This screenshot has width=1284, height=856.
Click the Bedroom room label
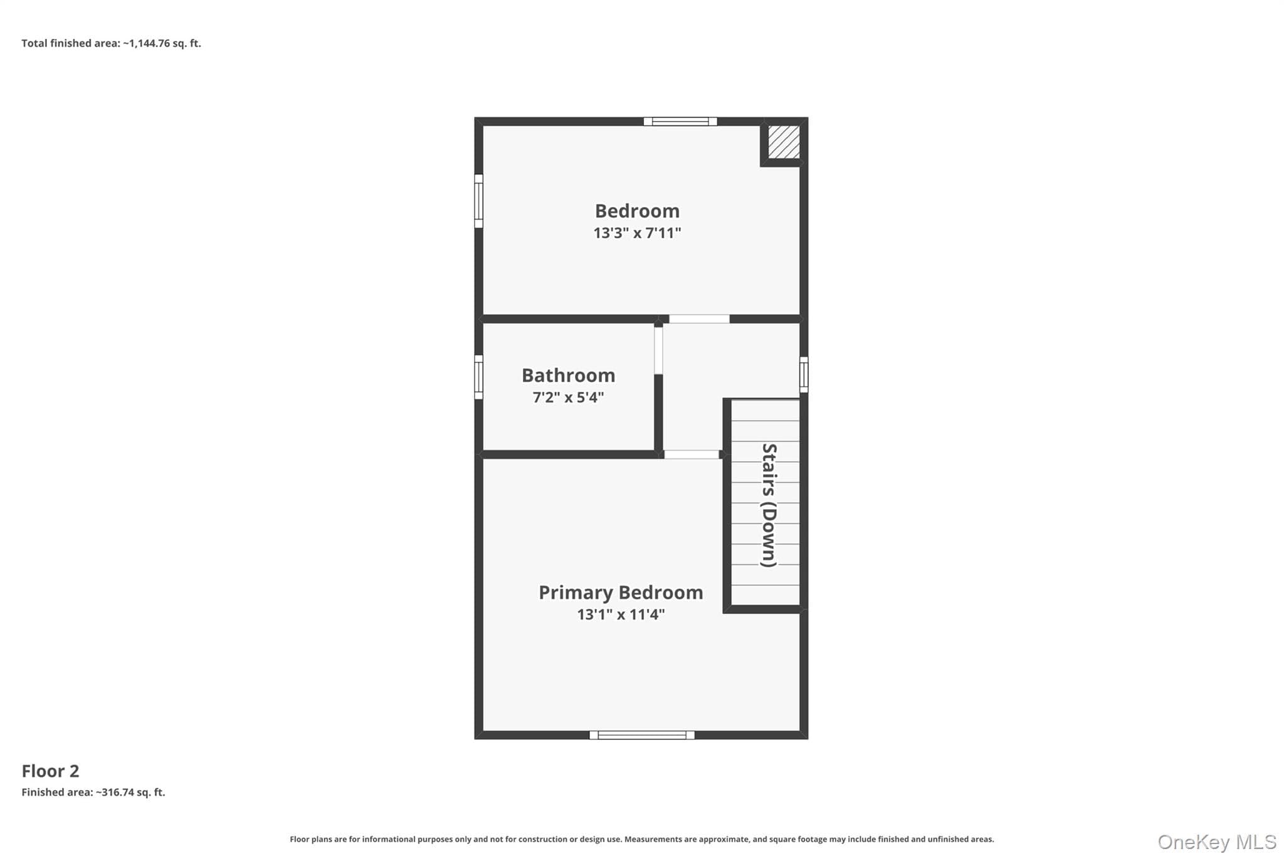pyautogui.click(x=637, y=211)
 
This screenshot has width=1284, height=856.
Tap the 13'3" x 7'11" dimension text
pyautogui.click(x=637, y=233)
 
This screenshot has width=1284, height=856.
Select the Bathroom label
pyautogui.click(x=569, y=375)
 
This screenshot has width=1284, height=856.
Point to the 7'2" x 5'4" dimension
pyautogui.click(x=569, y=397)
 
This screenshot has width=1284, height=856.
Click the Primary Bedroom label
pyautogui.click(x=621, y=593)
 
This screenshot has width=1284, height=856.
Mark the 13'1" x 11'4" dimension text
pyautogui.click(x=621, y=615)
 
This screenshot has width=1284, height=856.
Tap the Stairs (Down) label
pyautogui.click(x=769, y=505)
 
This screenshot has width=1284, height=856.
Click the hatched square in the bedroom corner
pyautogui.click(x=784, y=142)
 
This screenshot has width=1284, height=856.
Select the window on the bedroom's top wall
pyautogui.click(x=680, y=122)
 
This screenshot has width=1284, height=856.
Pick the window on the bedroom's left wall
pyautogui.click(x=478, y=201)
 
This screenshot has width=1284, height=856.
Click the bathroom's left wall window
pyautogui.click(x=478, y=377)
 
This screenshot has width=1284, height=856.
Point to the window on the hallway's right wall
pyautogui.click(x=804, y=375)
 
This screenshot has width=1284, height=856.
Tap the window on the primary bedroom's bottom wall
pyautogui.click(x=642, y=735)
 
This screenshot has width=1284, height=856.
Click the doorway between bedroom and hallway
pyautogui.click(x=699, y=319)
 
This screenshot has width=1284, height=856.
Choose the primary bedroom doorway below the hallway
pyautogui.click(x=692, y=455)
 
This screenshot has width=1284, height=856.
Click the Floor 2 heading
pyautogui.click(x=50, y=771)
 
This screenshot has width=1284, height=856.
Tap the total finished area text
pyautogui.click(x=111, y=43)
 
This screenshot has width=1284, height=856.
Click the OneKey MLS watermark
pyautogui.click(x=1217, y=842)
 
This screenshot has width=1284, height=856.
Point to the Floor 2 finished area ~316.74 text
pyautogui.click(x=93, y=792)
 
